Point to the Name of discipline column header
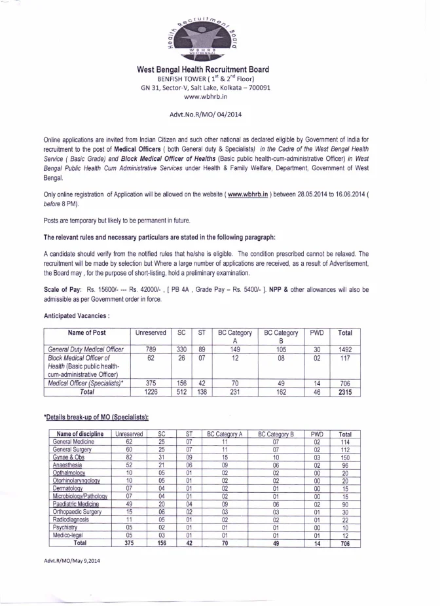[79, 433]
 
